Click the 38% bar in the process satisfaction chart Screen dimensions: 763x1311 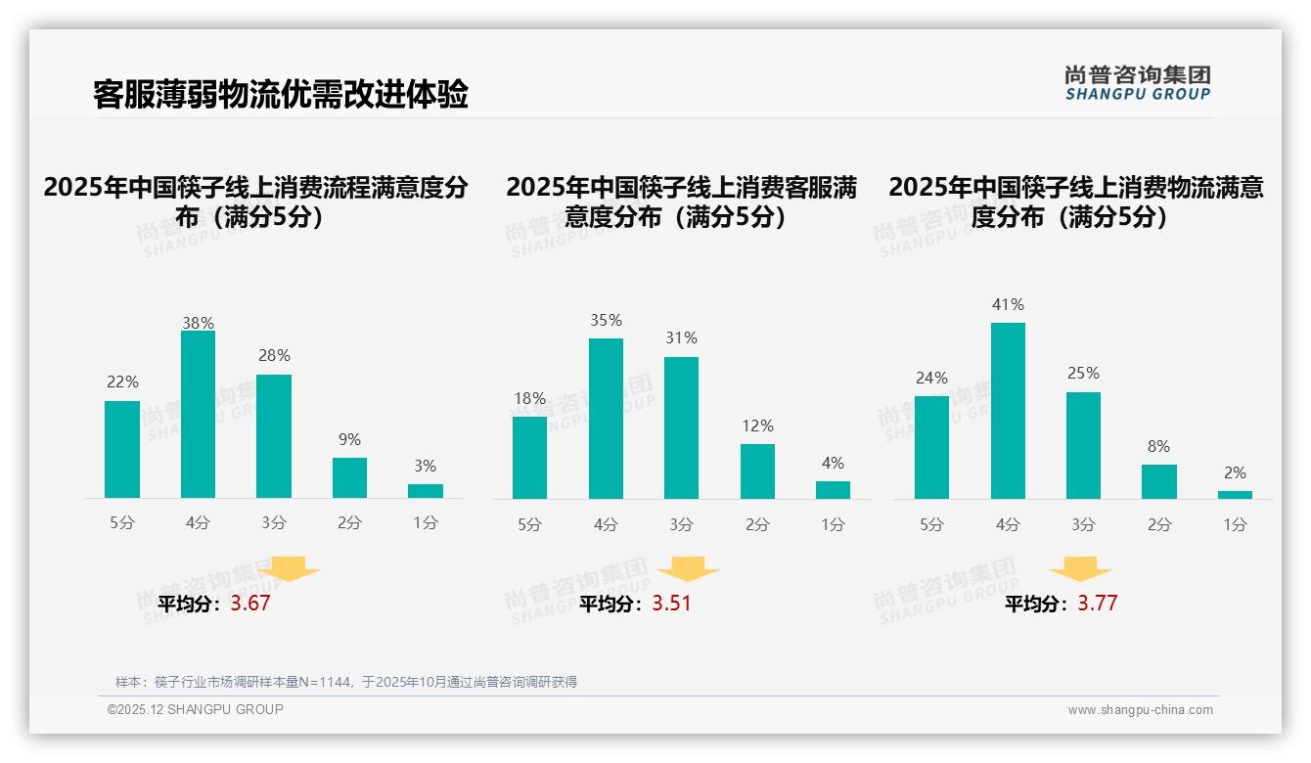pyautogui.click(x=198, y=415)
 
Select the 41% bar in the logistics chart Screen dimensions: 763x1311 pyautogui.click(x=1008, y=411)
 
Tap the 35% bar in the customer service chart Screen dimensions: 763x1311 pyautogui.click(x=606, y=419)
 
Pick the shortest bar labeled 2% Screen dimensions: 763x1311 pyautogui.click(x=1235, y=495)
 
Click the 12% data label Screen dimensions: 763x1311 pyautogui.click(x=757, y=426)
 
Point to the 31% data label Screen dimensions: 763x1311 pyautogui.click(x=681, y=338)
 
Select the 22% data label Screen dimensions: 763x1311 pyautogui.click(x=122, y=382)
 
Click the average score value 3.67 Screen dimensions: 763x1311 pyautogui.click(x=250, y=604)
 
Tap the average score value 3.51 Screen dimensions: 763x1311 pyautogui.click(x=671, y=604)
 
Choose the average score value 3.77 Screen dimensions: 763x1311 pyautogui.click(x=1097, y=604)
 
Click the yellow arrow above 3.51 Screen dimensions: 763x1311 pyautogui.click(x=688, y=570)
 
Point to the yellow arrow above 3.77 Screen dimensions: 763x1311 pyautogui.click(x=1080, y=570)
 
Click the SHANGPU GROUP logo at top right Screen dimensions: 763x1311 pyautogui.click(x=1137, y=83)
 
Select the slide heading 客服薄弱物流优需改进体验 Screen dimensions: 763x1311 pyautogui.click(x=281, y=94)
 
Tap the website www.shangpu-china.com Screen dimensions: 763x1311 pyautogui.click(x=1140, y=710)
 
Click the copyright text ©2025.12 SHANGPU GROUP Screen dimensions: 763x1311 pyautogui.click(x=196, y=709)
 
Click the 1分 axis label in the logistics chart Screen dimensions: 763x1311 pyautogui.click(x=1235, y=525)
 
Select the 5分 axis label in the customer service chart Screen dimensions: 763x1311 pyautogui.click(x=529, y=525)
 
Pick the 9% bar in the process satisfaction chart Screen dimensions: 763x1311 pyautogui.click(x=349, y=478)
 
